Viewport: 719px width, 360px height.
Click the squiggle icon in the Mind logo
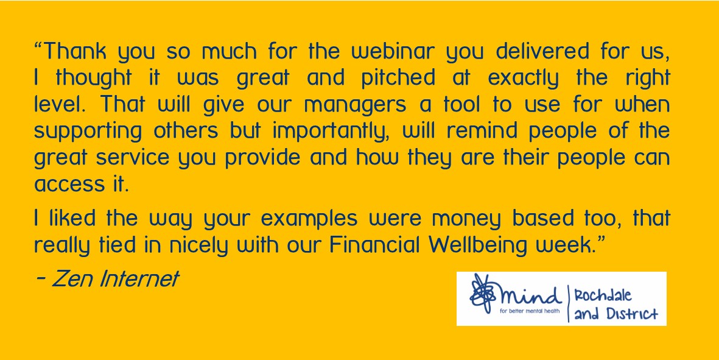tap(482, 294)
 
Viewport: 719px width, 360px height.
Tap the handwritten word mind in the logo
tap(530, 296)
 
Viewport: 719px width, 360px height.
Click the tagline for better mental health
tap(530, 311)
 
